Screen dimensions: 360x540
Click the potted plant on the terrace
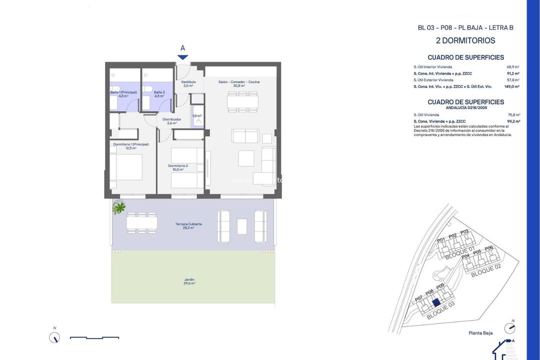click(119, 206)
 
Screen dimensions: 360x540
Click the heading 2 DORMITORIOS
click(465, 40)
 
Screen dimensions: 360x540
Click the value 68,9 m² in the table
click(513, 66)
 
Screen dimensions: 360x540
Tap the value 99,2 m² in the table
click(513, 121)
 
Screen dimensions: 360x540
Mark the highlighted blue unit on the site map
click(436, 302)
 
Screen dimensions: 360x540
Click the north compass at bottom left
click(54, 337)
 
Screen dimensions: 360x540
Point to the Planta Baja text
click(481, 333)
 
